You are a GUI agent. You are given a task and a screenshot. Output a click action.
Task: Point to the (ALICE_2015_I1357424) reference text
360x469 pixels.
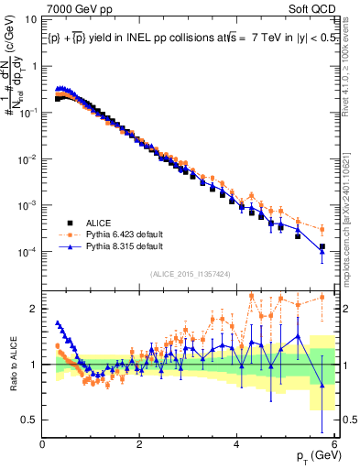[190, 273]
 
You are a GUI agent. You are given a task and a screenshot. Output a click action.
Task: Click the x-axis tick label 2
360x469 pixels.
[140, 445]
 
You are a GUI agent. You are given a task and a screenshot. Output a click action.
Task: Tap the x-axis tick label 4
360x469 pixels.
[237, 445]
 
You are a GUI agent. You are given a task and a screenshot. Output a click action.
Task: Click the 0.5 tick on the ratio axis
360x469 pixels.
[28, 420]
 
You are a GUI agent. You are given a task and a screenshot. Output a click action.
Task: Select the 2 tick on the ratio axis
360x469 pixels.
[34, 309]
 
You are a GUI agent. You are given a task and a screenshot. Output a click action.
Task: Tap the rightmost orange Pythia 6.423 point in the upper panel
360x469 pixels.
[322, 229]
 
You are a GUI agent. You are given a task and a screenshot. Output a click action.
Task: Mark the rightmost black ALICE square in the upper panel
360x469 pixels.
[322, 246]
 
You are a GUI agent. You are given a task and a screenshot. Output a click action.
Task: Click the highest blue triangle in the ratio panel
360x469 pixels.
[59, 323]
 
